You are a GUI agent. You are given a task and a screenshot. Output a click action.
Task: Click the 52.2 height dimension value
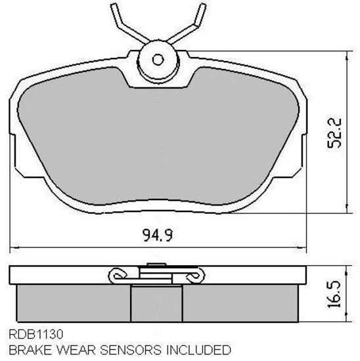pyautogui.click(x=334, y=133)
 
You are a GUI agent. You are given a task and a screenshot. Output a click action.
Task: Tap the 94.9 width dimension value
pyautogui.click(x=158, y=235)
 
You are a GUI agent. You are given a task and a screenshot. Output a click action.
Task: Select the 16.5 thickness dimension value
pyautogui.click(x=334, y=294)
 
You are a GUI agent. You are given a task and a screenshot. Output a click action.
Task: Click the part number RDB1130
pyautogui.click(x=35, y=334)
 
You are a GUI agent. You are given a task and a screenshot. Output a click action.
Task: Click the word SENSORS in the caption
pyautogui.click(x=131, y=350)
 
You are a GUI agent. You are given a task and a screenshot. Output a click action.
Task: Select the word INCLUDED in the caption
pyautogui.click(x=198, y=350)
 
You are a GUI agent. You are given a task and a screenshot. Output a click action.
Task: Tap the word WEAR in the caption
pyautogui.click(x=76, y=350)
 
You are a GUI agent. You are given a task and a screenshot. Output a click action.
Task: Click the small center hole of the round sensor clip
pyautogui.click(x=158, y=60)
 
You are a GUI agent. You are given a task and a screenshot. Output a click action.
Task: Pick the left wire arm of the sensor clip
pyautogui.click(x=128, y=26)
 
